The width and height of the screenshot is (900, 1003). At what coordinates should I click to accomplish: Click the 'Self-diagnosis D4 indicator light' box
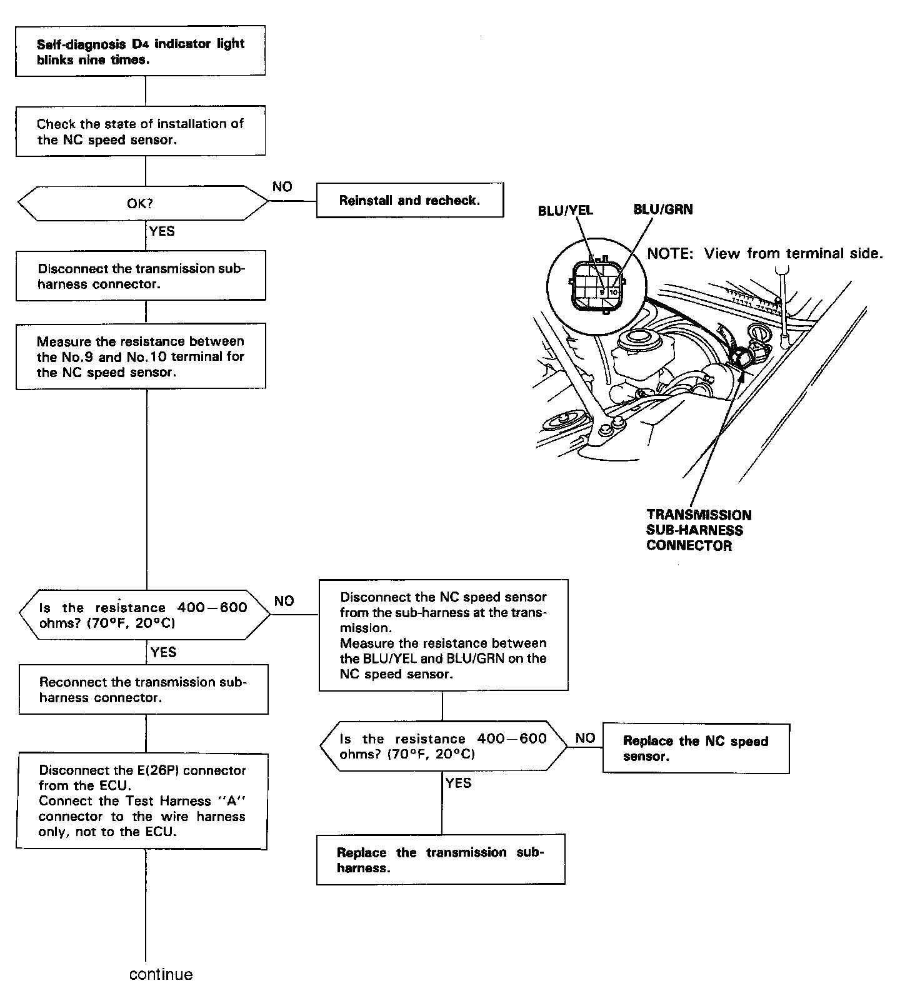pos(140,51)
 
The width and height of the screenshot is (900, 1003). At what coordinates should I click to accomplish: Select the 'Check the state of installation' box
pos(140,131)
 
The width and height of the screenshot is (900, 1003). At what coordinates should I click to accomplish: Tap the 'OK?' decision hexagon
pos(144,203)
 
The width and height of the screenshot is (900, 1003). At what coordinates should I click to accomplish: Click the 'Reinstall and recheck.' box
pos(409,200)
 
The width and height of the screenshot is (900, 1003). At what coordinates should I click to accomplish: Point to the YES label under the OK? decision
pos(162,231)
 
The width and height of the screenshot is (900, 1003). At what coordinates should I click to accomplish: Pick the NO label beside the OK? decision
pos(282,187)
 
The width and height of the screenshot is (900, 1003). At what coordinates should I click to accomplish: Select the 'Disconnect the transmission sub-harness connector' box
pos(141,276)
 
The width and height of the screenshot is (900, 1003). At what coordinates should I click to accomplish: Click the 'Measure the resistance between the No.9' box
pos(141,356)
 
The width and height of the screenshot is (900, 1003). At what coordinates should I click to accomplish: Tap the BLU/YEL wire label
pos(565,211)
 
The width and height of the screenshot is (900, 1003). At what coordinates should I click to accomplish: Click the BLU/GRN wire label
pos(662,209)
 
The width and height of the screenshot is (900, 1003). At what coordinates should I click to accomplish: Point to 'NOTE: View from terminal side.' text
pos(764,253)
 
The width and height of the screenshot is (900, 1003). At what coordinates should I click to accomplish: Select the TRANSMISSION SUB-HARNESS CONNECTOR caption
pos(698,530)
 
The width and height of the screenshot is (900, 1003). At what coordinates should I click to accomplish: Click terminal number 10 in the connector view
pos(613,292)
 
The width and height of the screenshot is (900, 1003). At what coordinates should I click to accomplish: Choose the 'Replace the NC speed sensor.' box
pos(696,748)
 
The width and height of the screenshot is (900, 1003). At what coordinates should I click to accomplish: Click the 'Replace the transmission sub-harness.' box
pos(441,860)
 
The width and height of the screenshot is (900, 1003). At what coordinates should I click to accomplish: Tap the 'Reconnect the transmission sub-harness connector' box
pos(143,690)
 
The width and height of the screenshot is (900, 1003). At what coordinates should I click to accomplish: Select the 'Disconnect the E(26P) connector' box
pos(142,801)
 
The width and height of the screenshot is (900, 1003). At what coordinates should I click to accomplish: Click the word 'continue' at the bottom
pos(161,974)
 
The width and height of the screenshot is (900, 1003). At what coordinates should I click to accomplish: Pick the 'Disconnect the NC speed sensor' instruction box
pos(443,635)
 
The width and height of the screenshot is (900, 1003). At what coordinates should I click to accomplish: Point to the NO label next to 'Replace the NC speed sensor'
pos(585,738)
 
